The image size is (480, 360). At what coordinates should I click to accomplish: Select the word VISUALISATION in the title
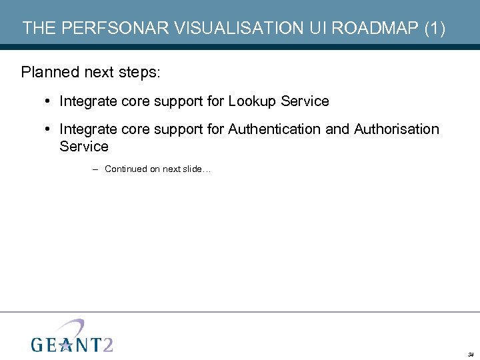[x=217, y=28]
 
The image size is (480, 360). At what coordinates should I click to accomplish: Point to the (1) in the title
[x=433, y=28]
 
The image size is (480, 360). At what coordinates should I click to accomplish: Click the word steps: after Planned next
[x=142, y=72]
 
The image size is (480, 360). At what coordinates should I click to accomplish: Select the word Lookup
[x=253, y=101]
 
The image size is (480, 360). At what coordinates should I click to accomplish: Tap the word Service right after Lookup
[x=305, y=101]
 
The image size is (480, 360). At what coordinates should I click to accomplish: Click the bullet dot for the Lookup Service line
[x=49, y=101]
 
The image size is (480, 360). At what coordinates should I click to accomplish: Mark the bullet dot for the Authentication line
[x=49, y=129]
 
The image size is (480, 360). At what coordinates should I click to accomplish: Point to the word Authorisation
[x=397, y=129]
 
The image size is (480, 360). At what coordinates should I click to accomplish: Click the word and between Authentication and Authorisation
[x=338, y=129]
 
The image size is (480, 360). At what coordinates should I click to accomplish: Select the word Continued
[x=126, y=169]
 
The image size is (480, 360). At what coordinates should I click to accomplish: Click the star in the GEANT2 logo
[x=66, y=343]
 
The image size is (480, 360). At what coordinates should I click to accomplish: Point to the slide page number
[x=470, y=353]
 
